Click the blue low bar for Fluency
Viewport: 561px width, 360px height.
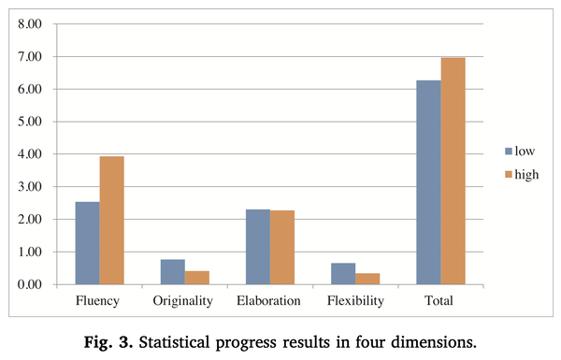(88, 243)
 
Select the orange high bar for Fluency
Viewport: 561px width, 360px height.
(112, 221)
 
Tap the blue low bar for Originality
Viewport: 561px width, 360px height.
(173, 272)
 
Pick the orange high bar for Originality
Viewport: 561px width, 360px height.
(197, 278)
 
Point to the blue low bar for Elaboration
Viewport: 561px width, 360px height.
(258, 247)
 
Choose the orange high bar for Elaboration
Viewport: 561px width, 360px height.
(282, 248)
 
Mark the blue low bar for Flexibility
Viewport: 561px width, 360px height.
(343, 274)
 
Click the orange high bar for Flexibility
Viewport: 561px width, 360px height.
(367, 280)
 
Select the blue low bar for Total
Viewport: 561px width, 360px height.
(428, 182)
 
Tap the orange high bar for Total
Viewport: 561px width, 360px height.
(453, 171)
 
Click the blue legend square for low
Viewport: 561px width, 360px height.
(509, 151)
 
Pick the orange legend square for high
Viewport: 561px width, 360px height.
(509, 175)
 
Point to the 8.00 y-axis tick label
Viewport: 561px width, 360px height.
(30, 24)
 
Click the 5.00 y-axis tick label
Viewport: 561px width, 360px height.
(30, 122)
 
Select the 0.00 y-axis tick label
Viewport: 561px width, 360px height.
(30, 284)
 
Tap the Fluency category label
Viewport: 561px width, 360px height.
(97, 300)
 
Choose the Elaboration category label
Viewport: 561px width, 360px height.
(268, 300)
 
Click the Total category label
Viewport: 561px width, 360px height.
(439, 300)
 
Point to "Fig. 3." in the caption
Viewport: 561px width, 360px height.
(108, 342)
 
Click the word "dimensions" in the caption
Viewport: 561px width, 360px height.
(434, 342)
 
